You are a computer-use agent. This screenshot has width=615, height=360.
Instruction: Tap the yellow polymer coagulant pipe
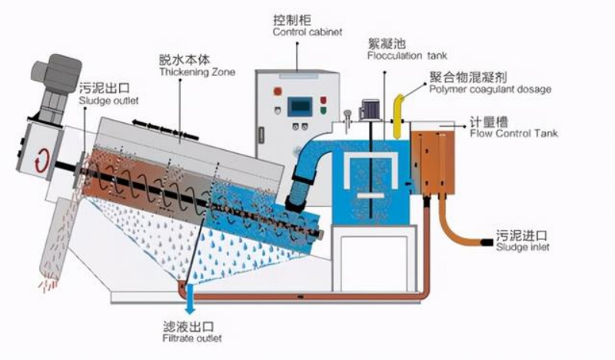pyautogui.click(x=398, y=112)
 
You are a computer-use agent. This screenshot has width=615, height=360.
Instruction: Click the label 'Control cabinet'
pyautogui.click(x=307, y=32)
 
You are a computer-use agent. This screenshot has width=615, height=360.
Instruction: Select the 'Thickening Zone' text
pyautogui.click(x=197, y=73)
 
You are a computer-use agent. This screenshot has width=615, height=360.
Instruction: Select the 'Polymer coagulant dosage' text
pyautogui.click(x=490, y=89)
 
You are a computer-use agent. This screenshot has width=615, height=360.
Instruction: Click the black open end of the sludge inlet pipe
pyautogui.click(x=487, y=243)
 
